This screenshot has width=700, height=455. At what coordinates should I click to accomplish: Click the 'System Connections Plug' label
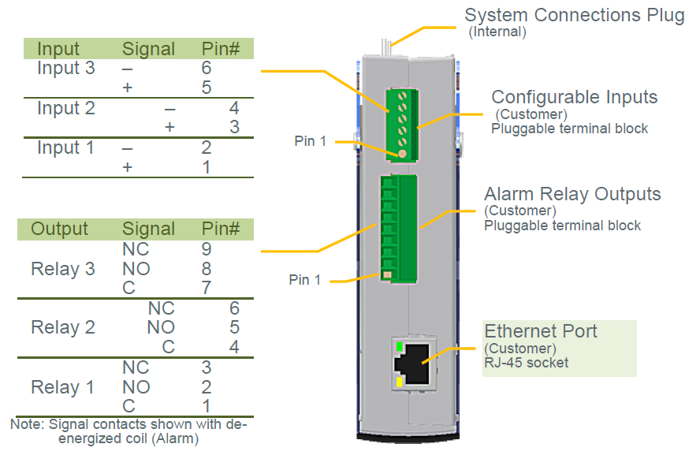pos(575,15)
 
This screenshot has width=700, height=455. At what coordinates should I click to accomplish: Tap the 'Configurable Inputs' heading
pos(575,97)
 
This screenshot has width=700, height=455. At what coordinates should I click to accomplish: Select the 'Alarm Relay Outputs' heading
pos(572,194)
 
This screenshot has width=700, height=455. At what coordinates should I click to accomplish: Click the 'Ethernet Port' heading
pos(541,331)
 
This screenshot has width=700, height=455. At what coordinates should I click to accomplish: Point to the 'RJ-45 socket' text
pos(527,363)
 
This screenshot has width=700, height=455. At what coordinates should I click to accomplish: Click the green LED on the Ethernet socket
pos(400,346)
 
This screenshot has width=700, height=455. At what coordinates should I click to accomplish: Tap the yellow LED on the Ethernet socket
pos(400,382)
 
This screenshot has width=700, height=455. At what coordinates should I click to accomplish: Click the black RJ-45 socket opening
pos(412,364)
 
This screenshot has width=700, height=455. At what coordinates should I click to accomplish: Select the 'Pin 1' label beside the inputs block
pos(311,141)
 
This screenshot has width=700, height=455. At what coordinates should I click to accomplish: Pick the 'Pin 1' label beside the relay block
pos(305,280)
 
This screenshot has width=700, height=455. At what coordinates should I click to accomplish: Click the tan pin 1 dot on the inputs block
pos(402,154)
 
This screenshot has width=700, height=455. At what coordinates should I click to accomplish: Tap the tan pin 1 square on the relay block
pos(388,275)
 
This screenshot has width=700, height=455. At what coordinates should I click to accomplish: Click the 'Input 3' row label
pos(66,68)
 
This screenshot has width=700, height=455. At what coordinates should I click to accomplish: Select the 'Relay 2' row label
pos(63,327)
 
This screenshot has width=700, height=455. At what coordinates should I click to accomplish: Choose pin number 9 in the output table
pos(207,249)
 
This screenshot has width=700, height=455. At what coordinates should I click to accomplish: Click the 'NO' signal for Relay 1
pos(136,387)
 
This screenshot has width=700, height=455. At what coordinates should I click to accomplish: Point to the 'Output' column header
pos(59,229)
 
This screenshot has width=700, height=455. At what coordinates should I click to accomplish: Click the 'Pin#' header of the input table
pos(221,49)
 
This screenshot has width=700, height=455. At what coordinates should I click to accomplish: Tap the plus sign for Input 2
pos(169,127)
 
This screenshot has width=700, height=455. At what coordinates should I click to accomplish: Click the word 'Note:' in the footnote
pos(28,423)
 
